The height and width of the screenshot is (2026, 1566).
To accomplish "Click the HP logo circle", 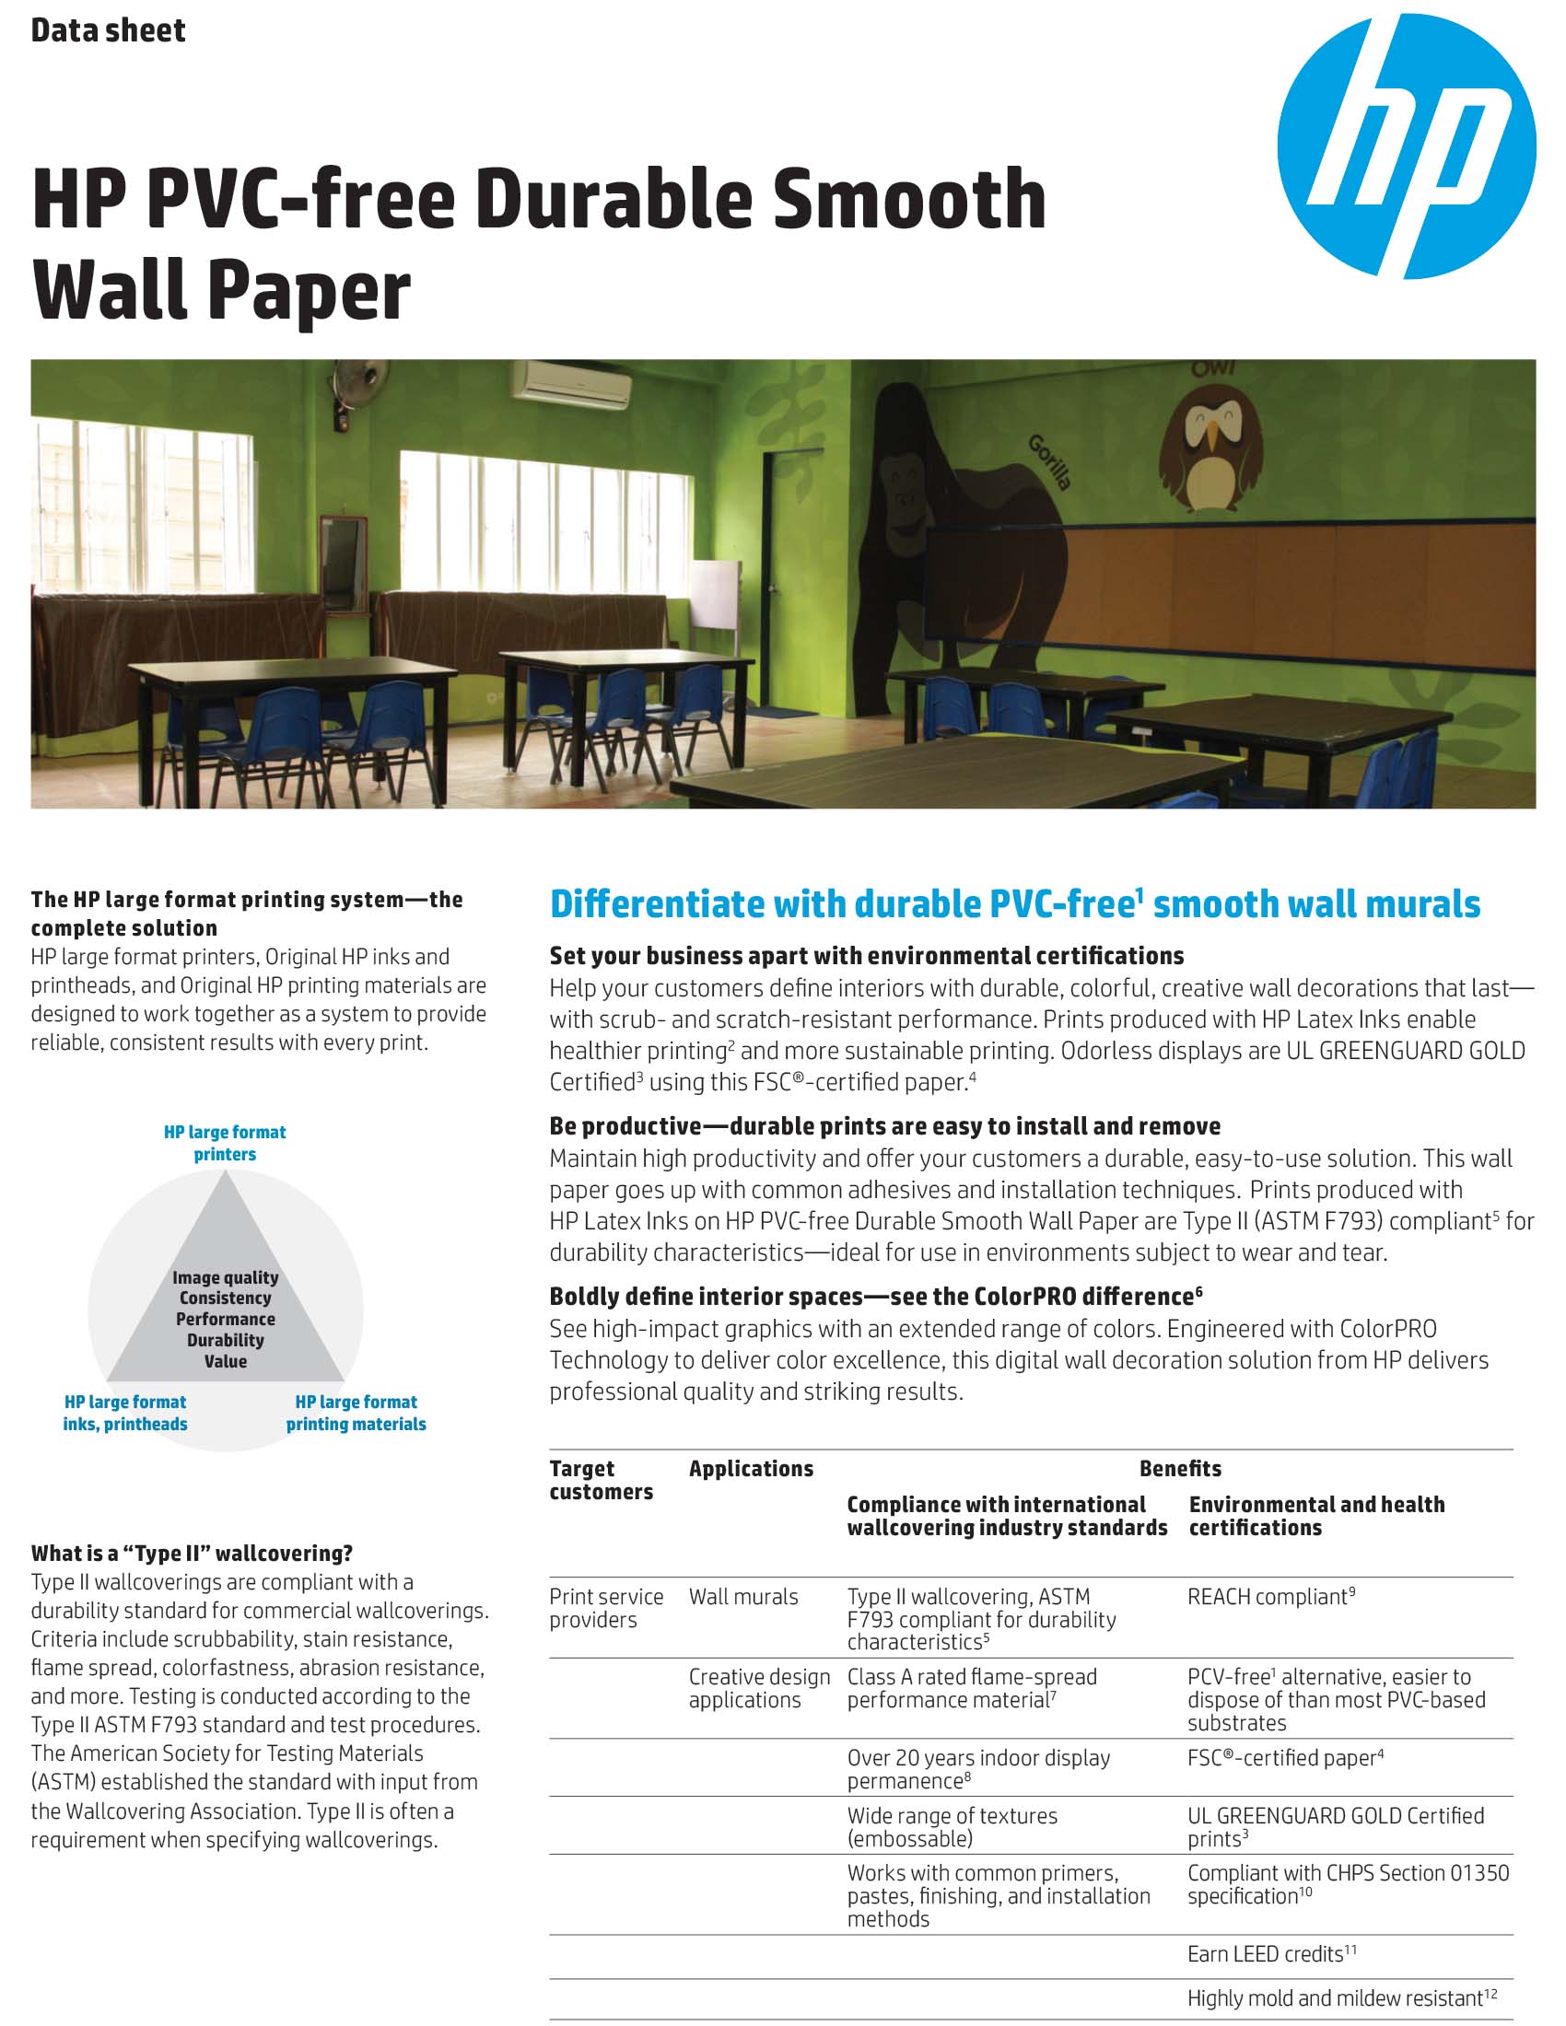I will point(1406,146).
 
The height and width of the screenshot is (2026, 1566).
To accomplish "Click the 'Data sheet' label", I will point(108,30).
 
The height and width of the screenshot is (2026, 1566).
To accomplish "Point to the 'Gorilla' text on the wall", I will point(1049,461).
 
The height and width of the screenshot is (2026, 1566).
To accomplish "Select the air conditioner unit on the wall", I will point(569,383).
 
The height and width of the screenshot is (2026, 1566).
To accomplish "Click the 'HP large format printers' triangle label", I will point(225,1143).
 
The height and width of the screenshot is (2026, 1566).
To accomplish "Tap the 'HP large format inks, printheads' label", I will point(125,1413).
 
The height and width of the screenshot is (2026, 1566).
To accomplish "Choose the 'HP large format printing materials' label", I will point(356,1413).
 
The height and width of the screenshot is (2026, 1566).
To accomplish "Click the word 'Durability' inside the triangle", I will point(226,1340).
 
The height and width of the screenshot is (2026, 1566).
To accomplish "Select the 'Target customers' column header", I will point(601,1480).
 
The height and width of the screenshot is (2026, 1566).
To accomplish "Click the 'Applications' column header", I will point(751,1469).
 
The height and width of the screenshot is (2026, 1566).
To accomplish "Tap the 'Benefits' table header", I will point(1179,1469).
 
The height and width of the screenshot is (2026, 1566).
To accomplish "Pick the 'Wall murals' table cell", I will point(743,1597).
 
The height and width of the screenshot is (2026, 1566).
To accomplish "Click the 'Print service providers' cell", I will point(606,1608).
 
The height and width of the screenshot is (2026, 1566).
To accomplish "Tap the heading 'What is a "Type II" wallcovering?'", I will point(192,1553).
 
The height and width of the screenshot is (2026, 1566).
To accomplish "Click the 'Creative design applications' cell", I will point(759,1688).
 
